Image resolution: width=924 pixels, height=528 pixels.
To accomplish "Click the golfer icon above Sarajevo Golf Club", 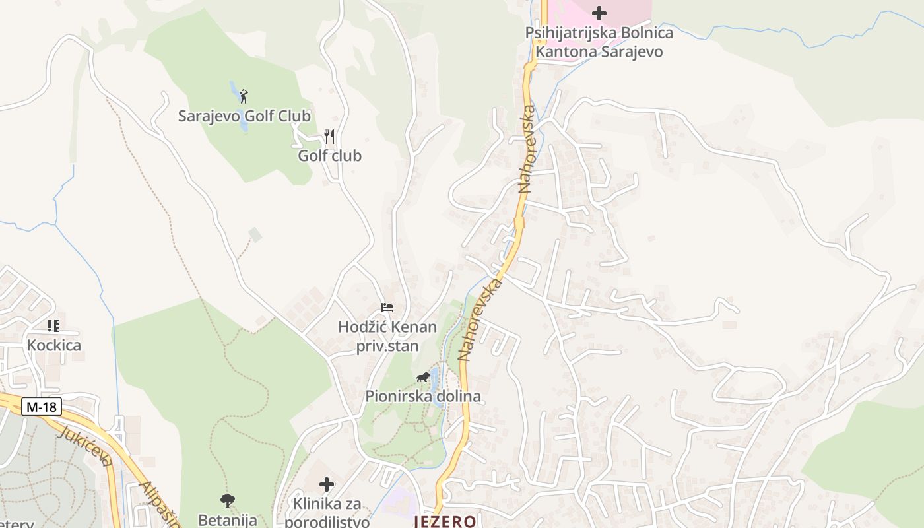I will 244,96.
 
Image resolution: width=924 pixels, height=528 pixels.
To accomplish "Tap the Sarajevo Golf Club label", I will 244,116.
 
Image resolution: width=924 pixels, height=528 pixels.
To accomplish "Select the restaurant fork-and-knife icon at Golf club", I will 329,137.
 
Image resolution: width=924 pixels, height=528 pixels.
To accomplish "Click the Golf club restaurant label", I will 329,156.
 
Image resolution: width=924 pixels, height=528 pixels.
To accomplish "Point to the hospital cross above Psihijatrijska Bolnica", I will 599,13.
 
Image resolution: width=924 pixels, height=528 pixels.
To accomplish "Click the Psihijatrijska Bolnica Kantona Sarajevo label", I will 599,42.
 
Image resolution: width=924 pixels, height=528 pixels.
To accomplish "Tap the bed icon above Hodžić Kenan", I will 387,308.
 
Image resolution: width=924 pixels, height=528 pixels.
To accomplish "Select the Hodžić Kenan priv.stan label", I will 387,337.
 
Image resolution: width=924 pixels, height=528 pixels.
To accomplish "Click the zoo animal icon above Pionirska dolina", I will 423,378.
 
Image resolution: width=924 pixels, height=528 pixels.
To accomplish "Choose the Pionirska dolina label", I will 423,397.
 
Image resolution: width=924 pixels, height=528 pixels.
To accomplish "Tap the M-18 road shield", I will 42,407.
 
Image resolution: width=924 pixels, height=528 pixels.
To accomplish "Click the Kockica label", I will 54,345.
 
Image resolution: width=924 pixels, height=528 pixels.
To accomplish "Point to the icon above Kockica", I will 53,325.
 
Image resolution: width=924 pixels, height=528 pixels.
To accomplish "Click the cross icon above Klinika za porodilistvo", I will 327,485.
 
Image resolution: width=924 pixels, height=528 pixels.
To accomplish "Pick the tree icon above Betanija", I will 228,501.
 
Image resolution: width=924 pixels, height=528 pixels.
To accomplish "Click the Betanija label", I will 228,520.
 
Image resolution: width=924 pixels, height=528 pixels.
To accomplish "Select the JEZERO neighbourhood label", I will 445,521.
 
